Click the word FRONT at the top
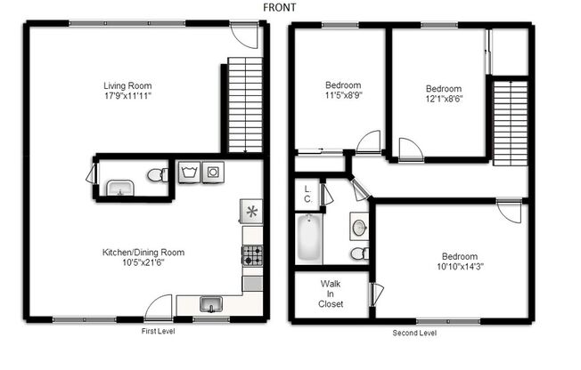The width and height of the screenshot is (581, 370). point(280,7)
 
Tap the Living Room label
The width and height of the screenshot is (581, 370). point(125,86)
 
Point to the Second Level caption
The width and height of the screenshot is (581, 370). point(414,333)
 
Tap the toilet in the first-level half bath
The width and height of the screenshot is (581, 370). point(156,174)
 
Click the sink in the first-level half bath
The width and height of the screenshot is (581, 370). point(119,188)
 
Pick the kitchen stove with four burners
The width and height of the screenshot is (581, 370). point(252,255)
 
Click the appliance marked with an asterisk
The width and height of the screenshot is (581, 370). point(251,211)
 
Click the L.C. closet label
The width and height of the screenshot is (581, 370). point(307,193)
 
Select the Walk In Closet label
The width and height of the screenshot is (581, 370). point(331,294)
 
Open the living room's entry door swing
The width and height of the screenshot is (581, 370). point(242,36)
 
